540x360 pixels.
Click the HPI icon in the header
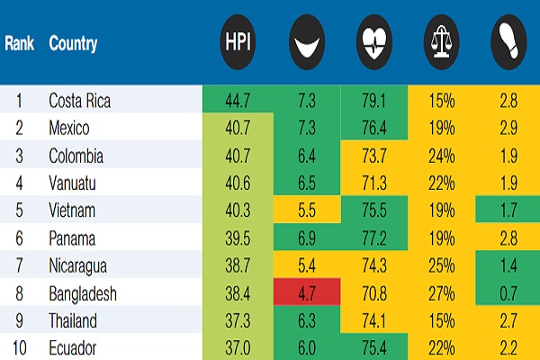(238, 41)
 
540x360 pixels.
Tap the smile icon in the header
(307, 41)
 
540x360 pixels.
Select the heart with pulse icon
(374, 41)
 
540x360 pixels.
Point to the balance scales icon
(442, 41)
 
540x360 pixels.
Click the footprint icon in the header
(508, 41)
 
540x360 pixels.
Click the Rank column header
(19, 43)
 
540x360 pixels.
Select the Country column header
(73, 44)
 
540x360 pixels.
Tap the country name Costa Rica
(79, 101)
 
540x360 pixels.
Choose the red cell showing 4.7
(307, 292)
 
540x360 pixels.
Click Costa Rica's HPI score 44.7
(238, 101)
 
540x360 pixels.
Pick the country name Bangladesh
(83, 294)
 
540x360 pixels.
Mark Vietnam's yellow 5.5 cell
(307, 210)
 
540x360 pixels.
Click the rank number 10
(19, 348)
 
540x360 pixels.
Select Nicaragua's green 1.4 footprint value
(508, 265)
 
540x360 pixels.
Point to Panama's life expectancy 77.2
(374, 238)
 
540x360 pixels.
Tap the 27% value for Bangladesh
(442, 293)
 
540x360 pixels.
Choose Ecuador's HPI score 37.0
(238, 348)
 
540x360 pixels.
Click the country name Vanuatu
(72, 183)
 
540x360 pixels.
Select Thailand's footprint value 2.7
(508, 320)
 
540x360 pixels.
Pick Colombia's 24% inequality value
(442, 156)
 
